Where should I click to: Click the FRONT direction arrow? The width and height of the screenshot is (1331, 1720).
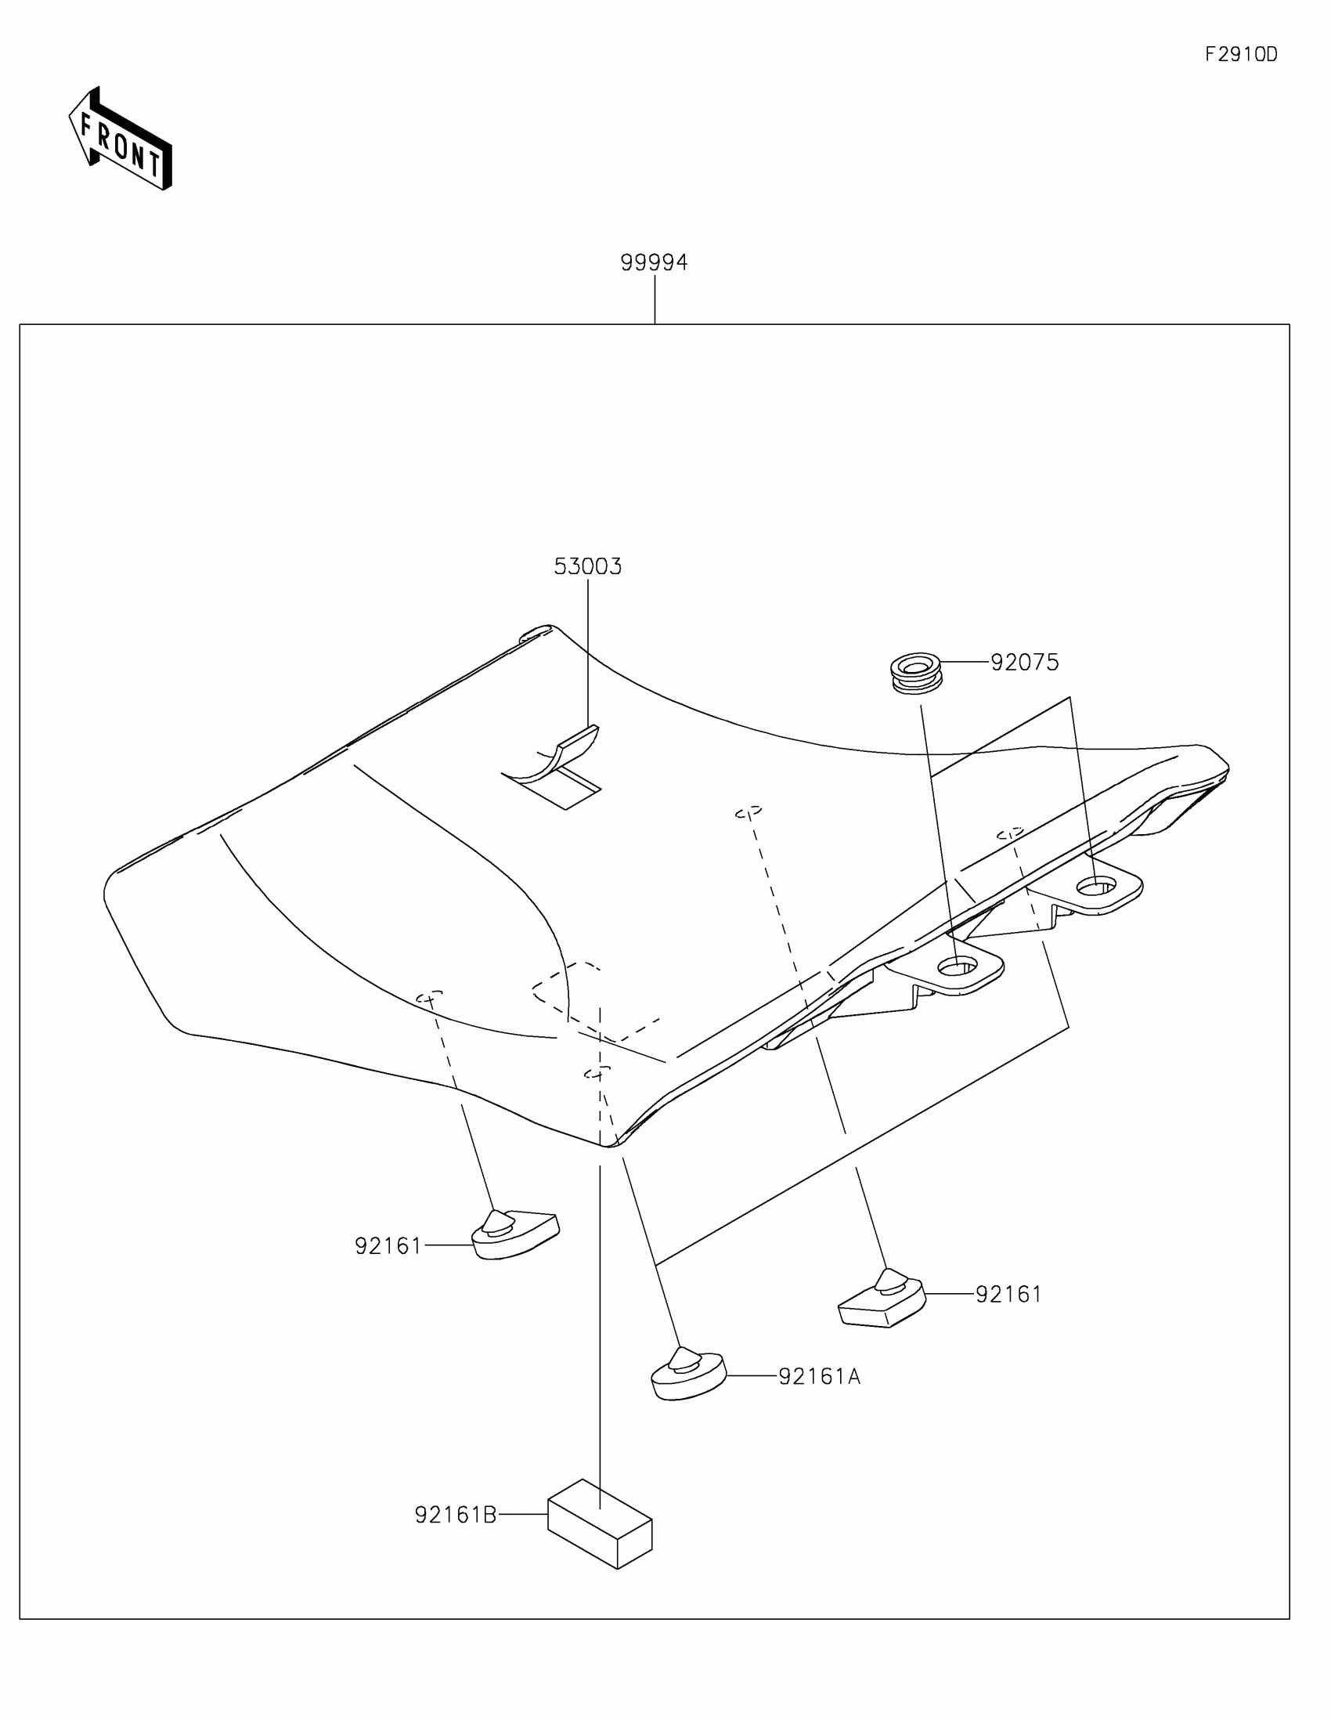pos(120,139)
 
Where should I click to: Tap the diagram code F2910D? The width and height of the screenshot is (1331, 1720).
pos(1241,54)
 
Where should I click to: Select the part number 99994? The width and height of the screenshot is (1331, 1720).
pos(654,262)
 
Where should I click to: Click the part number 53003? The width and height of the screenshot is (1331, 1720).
pos(587,567)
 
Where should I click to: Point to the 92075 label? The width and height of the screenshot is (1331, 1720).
pos(1024,663)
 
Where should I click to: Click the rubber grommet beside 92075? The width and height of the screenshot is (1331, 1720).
pos(917,672)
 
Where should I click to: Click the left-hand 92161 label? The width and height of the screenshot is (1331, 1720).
pos(388,1246)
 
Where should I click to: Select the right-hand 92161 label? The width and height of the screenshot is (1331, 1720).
pos(1008,1295)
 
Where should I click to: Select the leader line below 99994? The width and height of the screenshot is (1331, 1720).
pos(655,299)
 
